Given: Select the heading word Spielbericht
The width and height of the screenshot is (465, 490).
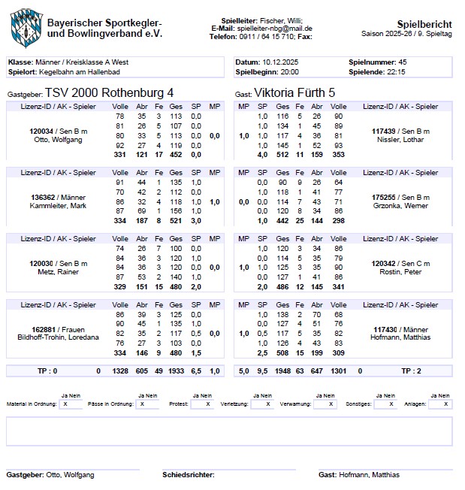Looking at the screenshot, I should [424, 23].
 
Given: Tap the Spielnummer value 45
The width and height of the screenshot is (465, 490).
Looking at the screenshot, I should [403, 62].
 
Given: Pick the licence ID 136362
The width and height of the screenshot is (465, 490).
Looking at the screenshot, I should [44, 197].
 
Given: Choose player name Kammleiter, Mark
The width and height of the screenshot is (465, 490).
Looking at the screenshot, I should [62, 206].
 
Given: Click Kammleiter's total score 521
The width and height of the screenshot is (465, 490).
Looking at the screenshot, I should [176, 221].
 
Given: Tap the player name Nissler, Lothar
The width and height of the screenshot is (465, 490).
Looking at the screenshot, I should [398, 140].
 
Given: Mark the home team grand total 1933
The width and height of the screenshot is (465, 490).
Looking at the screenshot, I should [174, 371].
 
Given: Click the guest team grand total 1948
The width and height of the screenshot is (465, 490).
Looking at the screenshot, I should [282, 371].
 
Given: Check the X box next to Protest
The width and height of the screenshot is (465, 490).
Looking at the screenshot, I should [202, 404].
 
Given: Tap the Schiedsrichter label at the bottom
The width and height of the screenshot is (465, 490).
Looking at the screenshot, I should [189, 475].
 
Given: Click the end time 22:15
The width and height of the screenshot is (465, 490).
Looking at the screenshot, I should [396, 71].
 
